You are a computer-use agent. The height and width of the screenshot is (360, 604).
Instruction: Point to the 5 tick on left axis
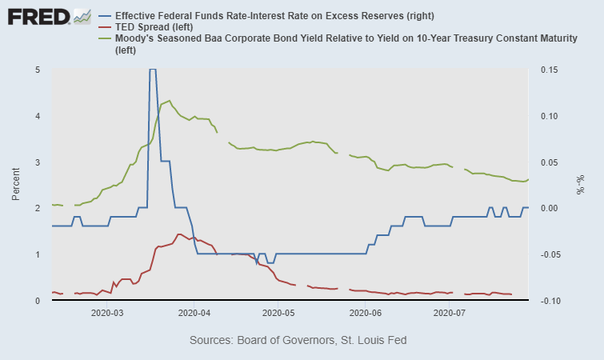click(38, 70)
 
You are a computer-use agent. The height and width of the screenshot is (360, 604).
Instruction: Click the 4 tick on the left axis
click(38, 116)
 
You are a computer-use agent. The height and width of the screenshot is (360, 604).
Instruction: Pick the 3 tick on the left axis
click(38, 162)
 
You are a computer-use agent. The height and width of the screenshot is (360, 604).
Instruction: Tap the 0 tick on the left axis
click(38, 301)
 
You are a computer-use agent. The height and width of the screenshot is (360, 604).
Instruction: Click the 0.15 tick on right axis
click(549, 70)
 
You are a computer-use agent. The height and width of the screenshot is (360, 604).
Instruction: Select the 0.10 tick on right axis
click(549, 116)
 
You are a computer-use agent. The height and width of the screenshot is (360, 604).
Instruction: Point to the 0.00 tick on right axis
click(549, 209)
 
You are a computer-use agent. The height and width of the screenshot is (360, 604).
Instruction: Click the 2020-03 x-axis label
click(108, 314)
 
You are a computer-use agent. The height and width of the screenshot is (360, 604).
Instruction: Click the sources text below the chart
click(298, 340)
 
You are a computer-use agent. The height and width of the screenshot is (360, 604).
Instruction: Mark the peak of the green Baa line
click(169, 101)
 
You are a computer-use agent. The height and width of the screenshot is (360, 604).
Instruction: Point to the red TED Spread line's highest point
click(179, 234)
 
